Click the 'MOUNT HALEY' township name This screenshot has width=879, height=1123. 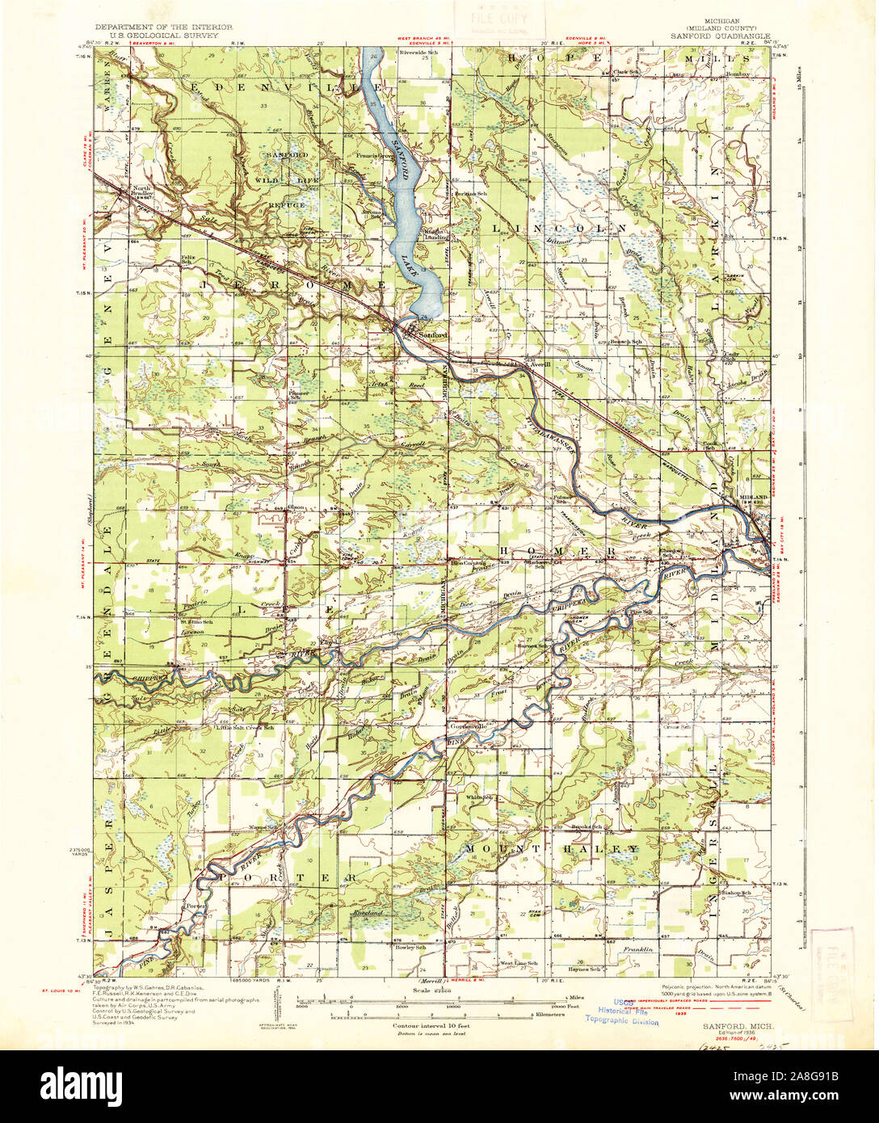(x=553, y=849)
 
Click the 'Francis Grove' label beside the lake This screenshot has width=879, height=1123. (x=371, y=154)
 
